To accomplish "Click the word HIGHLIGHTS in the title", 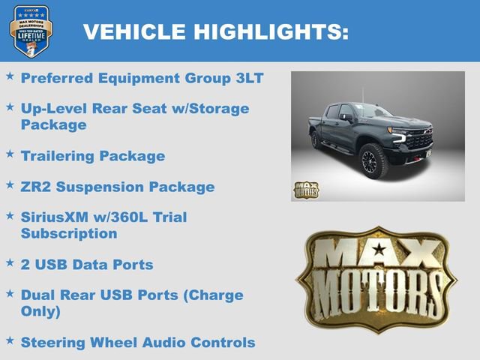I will (271, 31).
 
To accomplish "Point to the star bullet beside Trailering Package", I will (10, 154).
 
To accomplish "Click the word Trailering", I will (55, 156).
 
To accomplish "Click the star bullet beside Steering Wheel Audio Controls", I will (10, 340).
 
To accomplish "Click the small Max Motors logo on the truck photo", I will (305, 189).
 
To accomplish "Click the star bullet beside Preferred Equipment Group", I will (10, 76).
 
